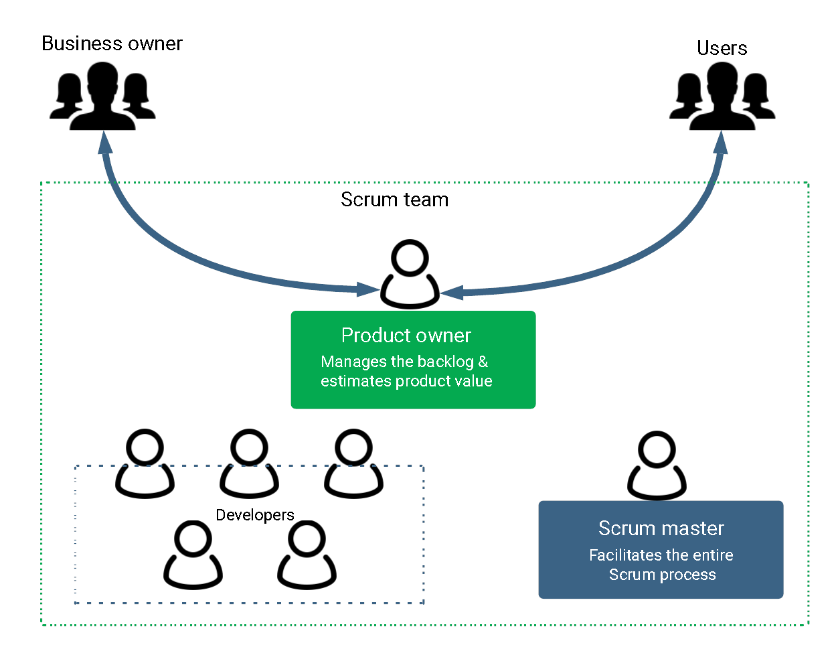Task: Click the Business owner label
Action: (112, 44)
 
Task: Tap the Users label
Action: (722, 48)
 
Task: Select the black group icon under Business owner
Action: (102, 96)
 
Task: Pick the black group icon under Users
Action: (722, 96)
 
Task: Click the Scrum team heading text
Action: (394, 200)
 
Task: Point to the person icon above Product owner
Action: (410, 275)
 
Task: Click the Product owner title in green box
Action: (406, 335)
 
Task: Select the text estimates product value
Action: (406, 381)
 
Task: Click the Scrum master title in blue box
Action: (661, 528)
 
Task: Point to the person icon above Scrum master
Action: (657, 466)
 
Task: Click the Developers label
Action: (255, 515)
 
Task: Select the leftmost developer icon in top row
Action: (145, 464)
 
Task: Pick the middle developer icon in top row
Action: (249, 464)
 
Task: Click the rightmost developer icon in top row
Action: (353, 464)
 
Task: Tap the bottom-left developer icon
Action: (193, 555)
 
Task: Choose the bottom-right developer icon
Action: (307, 555)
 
